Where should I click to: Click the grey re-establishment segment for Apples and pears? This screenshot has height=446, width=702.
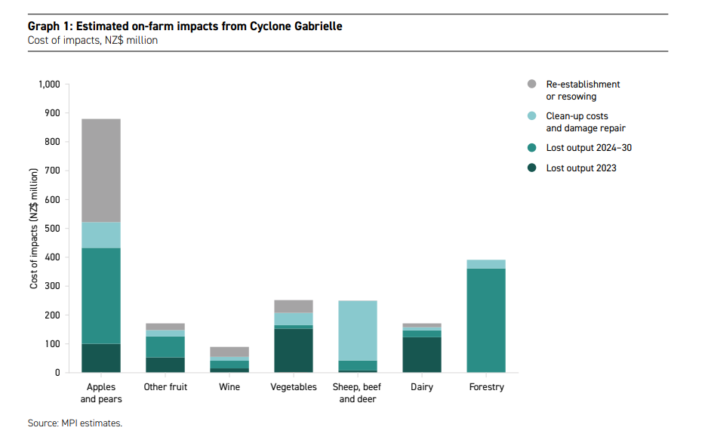pyautogui.click(x=100, y=170)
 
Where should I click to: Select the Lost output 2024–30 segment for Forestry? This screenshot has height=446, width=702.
pyautogui.click(x=486, y=320)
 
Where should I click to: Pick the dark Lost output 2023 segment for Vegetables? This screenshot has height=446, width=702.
pyautogui.click(x=294, y=350)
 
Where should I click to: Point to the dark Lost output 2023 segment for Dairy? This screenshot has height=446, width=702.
pyautogui.click(x=422, y=354)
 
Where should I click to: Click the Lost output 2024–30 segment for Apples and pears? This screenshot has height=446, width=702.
pyautogui.click(x=100, y=295)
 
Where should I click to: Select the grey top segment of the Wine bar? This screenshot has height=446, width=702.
pyautogui.click(x=229, y=351)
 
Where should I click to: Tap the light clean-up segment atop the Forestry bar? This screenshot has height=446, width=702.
pyautogui.click(x=486, y=264)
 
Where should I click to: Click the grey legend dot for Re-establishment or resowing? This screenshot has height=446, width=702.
pyautogui.click(x=531, y=85)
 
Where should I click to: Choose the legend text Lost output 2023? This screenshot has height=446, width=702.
pyautogui.click(x=581, y=168)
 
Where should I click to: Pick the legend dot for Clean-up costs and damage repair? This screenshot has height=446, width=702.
pyautogui.click(x=531, y=116)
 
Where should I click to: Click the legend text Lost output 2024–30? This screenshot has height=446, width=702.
pyautogui.click(x=589, y=148)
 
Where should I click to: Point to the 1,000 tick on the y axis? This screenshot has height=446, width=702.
pyautogui.click(x=48, y=84)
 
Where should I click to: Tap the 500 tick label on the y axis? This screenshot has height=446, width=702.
pyautogui.click(x=51, y=228)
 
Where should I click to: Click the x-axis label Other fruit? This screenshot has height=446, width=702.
pyautogui.click(x=165, y=387)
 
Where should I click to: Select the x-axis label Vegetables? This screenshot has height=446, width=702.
pyautogui.click(x=294, y=387)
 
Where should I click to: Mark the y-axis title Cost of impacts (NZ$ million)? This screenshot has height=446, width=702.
pyautogui.click(x=34, y=228)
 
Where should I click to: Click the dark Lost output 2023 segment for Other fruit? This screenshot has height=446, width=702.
pyautogui.click(x=165, y=364)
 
